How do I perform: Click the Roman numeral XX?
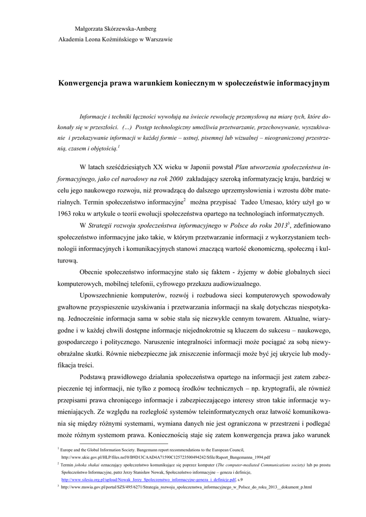[x=157, y=168]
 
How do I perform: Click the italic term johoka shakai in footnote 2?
[x=88, y=463]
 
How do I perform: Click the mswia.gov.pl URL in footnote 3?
[x=186, y=487]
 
